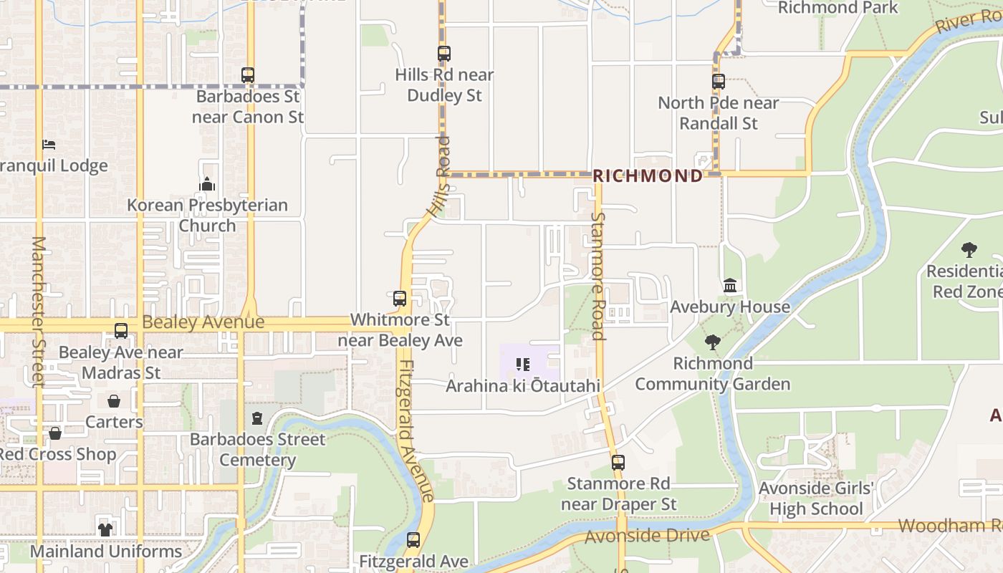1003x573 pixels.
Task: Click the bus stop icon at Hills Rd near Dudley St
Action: tap(444, 54)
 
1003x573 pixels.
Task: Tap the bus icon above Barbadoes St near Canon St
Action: tap(248, 75)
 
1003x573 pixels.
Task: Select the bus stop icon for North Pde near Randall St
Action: tap(719, 82)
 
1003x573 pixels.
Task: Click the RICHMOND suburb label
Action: tap(648, 176)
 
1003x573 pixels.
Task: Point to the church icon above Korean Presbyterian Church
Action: tap(207, 185)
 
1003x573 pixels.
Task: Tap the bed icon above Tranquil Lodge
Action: tap(49, 145)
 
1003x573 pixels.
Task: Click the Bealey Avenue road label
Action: tap(203, 322)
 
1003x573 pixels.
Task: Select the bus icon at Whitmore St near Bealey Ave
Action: tap(400, 299)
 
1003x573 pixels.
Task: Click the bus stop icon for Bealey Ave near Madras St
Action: tap(121, 331)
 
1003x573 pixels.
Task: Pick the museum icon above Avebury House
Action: tap(730, 286)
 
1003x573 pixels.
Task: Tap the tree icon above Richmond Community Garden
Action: tap(712, 342)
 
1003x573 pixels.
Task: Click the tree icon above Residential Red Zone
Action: tap(969, 250)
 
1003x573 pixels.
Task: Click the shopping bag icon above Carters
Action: tap(114, 400)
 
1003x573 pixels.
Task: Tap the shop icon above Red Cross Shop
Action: tap(55, 433)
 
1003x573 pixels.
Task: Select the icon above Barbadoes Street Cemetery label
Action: tap(257, 418)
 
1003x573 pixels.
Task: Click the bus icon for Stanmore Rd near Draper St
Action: tap(618, 463)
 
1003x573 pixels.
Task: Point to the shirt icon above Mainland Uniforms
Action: tap(105, 530)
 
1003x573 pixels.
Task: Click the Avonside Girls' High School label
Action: tap(816, 499)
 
